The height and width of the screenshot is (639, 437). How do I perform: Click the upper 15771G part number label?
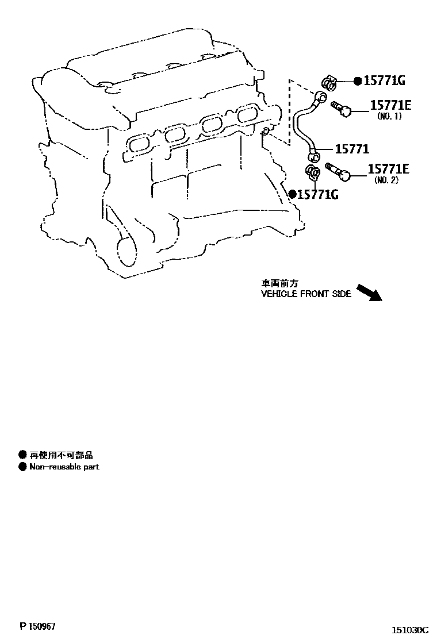(384, 81)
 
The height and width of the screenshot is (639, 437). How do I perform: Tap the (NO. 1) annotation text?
(389, 116)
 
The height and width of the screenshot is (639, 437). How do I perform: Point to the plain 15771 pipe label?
(352, 149)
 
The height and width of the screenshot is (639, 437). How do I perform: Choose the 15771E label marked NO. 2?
(388, 169)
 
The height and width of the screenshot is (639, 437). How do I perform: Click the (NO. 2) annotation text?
(386, 180)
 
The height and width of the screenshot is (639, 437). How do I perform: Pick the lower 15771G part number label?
(317, 195)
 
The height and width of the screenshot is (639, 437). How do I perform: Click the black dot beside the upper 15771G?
(357, 81)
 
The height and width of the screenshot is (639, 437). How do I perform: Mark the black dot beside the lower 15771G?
(292, 194)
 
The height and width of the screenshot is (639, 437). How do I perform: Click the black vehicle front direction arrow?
(369, 292)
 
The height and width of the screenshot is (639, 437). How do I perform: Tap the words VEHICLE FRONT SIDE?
(306, 294)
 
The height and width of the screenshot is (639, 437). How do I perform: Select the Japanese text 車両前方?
(280, 283)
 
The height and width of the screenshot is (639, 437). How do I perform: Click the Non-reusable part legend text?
(64, 467)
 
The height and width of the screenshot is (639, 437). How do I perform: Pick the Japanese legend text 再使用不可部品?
(61, 455)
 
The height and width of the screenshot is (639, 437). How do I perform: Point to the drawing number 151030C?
(411, 630)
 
